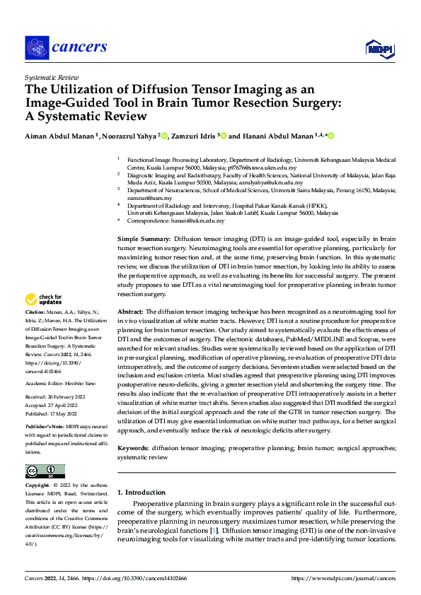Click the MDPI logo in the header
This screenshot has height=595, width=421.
click(379, 47)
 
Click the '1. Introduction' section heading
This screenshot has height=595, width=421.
click(142, 492)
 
